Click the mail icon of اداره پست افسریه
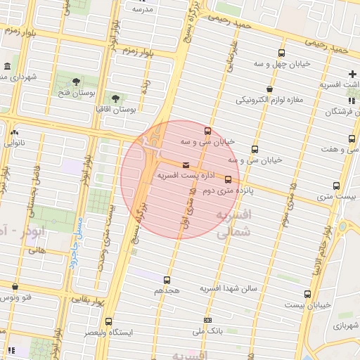pos(186,165)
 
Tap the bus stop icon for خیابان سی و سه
pos(207,131)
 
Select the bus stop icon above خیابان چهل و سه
pos(282,53)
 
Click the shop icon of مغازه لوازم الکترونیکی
pos(270,89)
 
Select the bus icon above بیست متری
pos(336,186)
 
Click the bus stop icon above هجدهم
pos(167,279)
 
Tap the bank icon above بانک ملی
pos(207,320)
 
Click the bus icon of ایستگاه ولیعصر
pos(108,321)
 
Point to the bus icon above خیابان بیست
pos(307,294)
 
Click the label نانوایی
pos(14,142)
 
